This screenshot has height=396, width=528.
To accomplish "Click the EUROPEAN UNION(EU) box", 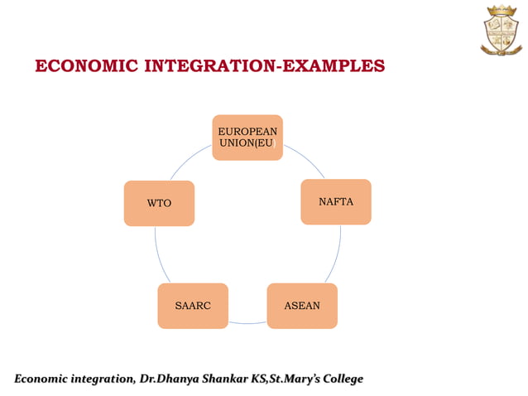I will pyautogui.click(x=247, y=138).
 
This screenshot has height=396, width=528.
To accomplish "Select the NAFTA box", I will pyautogui.click(x=336, y=201).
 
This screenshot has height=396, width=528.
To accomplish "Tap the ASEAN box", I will pyautogui.click(x=302, y=306).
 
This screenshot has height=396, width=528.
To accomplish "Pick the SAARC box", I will pyautogui.click(x=193, y=306).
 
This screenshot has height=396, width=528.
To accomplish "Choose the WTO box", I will pyautogui.click(x=159, y=203).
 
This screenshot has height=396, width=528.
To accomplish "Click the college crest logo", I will pyautogui.click(x=500, y=30).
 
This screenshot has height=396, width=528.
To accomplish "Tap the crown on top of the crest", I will pyautogui.click(x=500, y=11).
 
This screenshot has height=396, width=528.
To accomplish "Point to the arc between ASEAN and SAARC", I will pyautogui.click(x=247, y=322).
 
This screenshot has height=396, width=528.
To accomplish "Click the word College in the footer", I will pyautogui.click(x=335, y=379).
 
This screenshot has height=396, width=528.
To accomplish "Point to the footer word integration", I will pyautogui.click(x=98, y=379).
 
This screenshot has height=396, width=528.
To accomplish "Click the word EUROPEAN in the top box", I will pyautogui.click(x=247, y=132).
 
